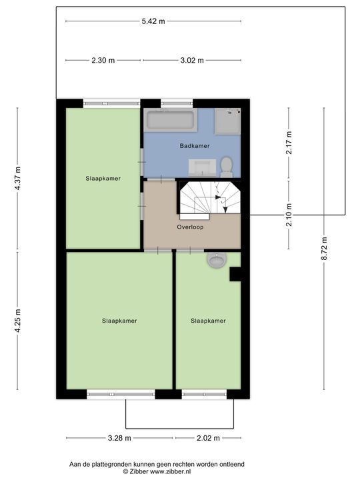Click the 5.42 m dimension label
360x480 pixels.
pyautogui.click(x=153, y=21)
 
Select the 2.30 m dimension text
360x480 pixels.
pyautogui.click(x=103, y=60)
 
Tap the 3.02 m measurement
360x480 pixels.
pyautogui.click(x=192, y=60)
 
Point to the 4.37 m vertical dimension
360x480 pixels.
pyautogui.click(x=17, y=178)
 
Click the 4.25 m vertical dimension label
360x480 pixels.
pyautogui.click(x=17, y=321)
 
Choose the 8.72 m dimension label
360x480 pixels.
pyautogui.click(x=324, y=249)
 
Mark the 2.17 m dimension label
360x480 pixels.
pyautogui.click(x=289, y=143)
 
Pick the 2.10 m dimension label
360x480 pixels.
pyautogui.click(x=289, y=215)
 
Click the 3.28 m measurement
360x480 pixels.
pyautogui.click(x=119, y=438)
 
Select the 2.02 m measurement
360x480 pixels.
pyautogui.click(x=208, y=438)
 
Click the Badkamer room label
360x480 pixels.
pyautogui.click(x=195, y=146)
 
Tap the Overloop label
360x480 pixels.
pyautogui.click(x=190, y=227)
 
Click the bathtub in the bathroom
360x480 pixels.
pyautogui.click(x=171, y=120)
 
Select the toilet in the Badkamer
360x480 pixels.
pyautogui.click(x=227, y=167)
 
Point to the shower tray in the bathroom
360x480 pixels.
pyautogui.click(x=227, y=121)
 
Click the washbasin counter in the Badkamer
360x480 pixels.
pyautogui.click(x=202, y=168)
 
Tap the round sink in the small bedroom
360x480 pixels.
pyautogui.click(x=217, y=260)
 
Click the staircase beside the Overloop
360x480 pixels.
pyautogui.click(x=210, y=199)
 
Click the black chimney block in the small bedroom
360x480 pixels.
pyautogui.click(x=235, y=274)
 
